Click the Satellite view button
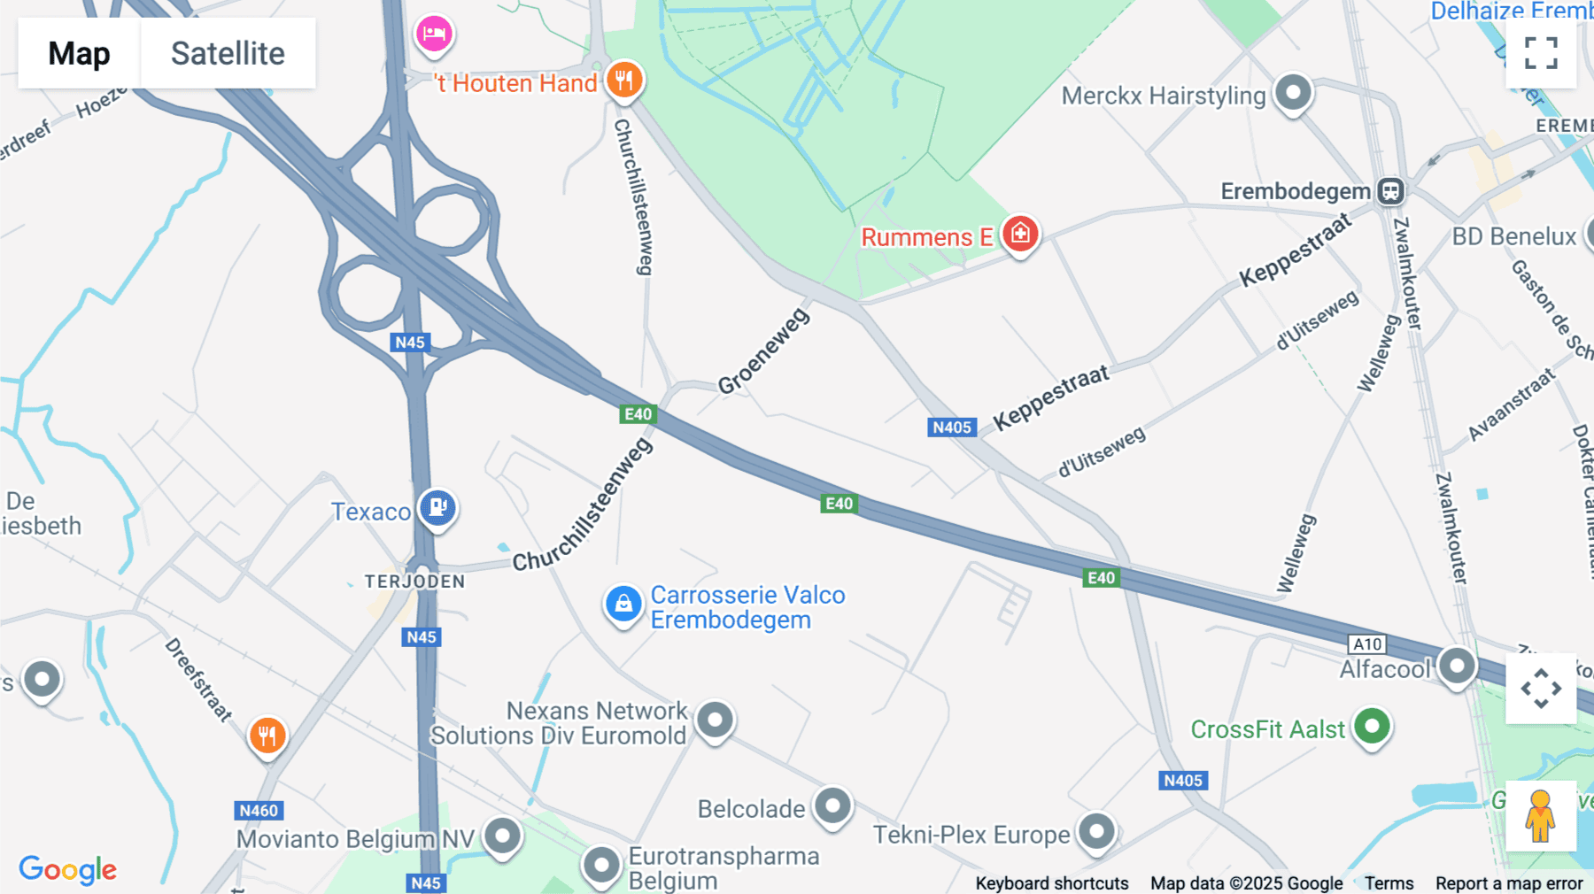click(x=228, y=53)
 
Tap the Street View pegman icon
click(x=1540, y=815)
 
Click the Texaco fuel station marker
click(x=437, y=508)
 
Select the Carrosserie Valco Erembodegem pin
click(x=623, y=604)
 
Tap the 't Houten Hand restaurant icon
click(x=624, y=81)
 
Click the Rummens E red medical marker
click(x=1020, y=234)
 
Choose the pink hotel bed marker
click(x=434, y=34)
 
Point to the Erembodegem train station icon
click(x=1390, y=191)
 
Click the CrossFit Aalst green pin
click(x=1372, y=727)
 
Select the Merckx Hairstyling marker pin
click(x=1293, y=92)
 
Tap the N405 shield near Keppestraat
click(x=952, y=428)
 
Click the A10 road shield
click(x=1367, y=644)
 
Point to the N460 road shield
click(x=259, y=810)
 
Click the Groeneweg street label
click(x=763, y=351)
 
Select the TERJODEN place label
click(x=414, y=582)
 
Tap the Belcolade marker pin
click(x=832, y=805)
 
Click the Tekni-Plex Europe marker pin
click(x=1096, y=832)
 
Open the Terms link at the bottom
click(x=1389, y=883)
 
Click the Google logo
click(x=68, y=869)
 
